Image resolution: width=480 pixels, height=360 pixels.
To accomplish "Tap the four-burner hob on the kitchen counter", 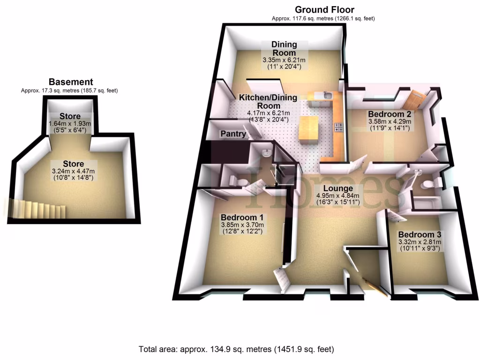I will [x=337, y=127].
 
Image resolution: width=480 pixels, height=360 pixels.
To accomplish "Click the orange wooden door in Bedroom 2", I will [x=416, y=99].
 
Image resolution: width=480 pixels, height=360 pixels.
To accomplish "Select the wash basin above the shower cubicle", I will [x=266, y=153].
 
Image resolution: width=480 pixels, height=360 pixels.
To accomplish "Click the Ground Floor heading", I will [x=324, y=10].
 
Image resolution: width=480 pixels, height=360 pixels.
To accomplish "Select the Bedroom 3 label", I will [x=420, y=234].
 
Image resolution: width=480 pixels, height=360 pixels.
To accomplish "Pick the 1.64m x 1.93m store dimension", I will [x=70, y=123].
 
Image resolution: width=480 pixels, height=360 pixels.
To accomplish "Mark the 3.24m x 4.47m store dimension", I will [x=68, y=171].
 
